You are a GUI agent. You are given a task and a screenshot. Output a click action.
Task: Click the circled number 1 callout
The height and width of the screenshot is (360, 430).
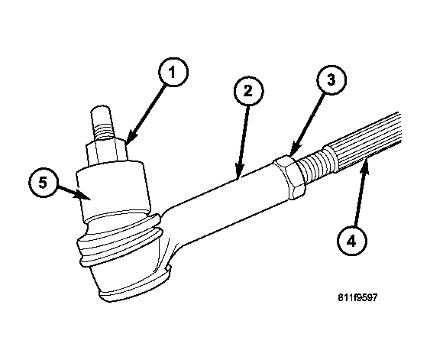point(173,72)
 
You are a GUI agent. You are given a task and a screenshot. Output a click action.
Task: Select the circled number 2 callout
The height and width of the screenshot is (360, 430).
point(248,92)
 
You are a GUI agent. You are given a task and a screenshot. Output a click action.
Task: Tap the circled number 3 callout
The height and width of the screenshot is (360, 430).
point(331,79)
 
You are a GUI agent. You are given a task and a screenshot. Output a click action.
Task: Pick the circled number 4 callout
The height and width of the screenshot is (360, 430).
point(352,241)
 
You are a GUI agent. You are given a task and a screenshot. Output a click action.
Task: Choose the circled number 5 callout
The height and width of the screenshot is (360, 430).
point(44,183)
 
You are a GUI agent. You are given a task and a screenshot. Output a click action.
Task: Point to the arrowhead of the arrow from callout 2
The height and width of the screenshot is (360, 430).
point(239,172)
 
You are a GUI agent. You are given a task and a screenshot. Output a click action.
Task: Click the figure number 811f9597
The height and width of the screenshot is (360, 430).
point(357,297)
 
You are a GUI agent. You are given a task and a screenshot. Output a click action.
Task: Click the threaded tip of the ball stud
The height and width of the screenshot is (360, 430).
point(102,122)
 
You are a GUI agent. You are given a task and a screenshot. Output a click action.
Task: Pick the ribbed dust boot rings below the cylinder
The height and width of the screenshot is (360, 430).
point(120,236)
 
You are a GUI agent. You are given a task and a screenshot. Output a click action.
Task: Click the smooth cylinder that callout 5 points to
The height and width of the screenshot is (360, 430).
point(113,190)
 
